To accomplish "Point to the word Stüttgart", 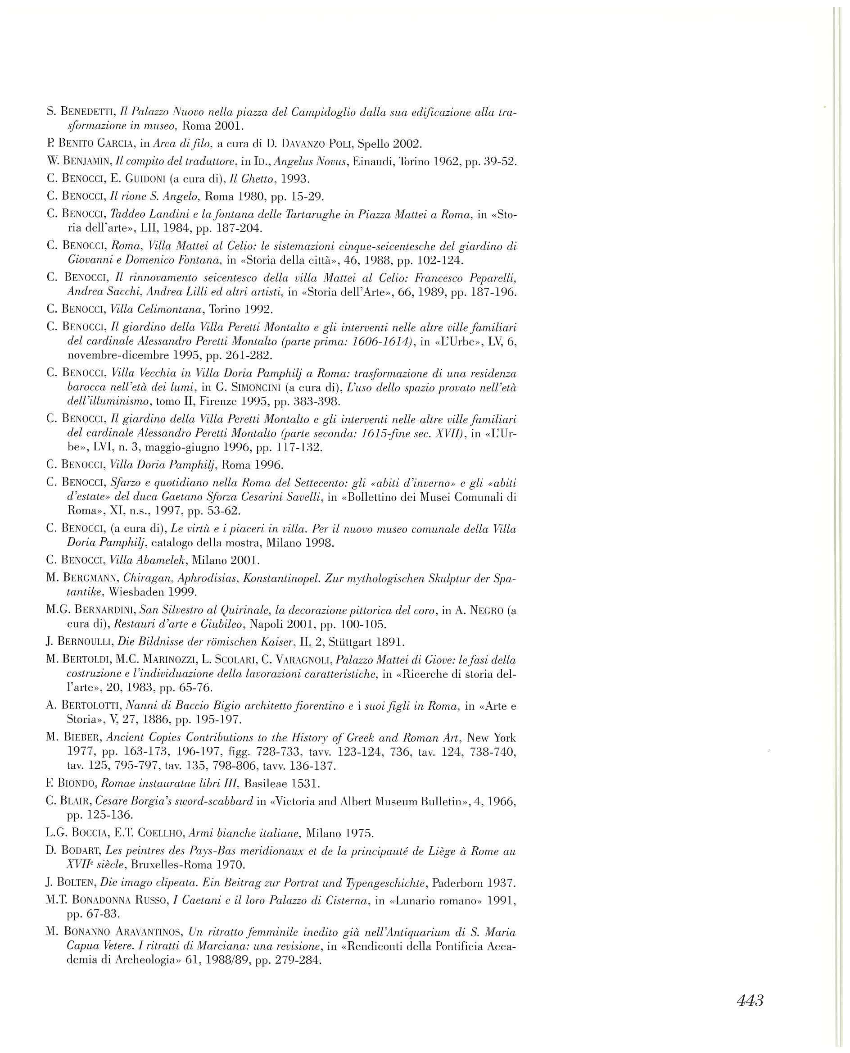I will (x=354, y=642).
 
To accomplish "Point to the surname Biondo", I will (x=75, y=784).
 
